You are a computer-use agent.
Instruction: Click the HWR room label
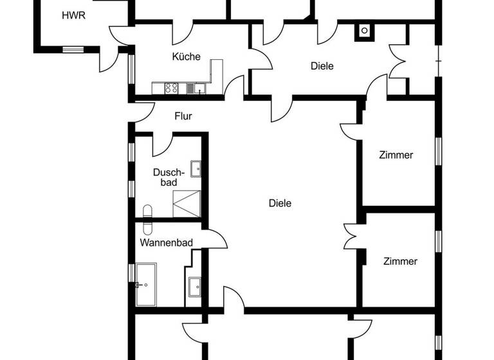[73, 15]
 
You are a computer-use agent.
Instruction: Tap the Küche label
[186, 57]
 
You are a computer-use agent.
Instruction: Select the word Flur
[183, 116]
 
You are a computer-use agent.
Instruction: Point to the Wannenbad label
[163, 242]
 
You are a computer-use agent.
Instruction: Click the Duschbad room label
[169, 177]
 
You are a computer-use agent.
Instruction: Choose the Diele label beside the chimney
[322, 66]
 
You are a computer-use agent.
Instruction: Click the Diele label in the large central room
[280, 203]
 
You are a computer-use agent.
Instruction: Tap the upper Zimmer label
[396, 155]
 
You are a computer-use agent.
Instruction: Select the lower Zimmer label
[400, 261]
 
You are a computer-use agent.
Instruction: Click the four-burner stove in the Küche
[172, 89]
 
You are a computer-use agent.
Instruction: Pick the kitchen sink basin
[199, 89]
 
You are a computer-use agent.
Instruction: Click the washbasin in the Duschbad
[196, 168]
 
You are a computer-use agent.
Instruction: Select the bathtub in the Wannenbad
[146, 284]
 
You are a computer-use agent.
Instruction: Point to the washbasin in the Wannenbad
[195, 285]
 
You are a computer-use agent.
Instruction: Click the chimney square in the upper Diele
[364, 30]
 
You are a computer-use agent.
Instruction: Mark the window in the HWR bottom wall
[73, 49]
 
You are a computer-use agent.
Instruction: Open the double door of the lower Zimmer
[352, 236]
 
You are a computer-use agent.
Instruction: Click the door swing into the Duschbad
[161, 145]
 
